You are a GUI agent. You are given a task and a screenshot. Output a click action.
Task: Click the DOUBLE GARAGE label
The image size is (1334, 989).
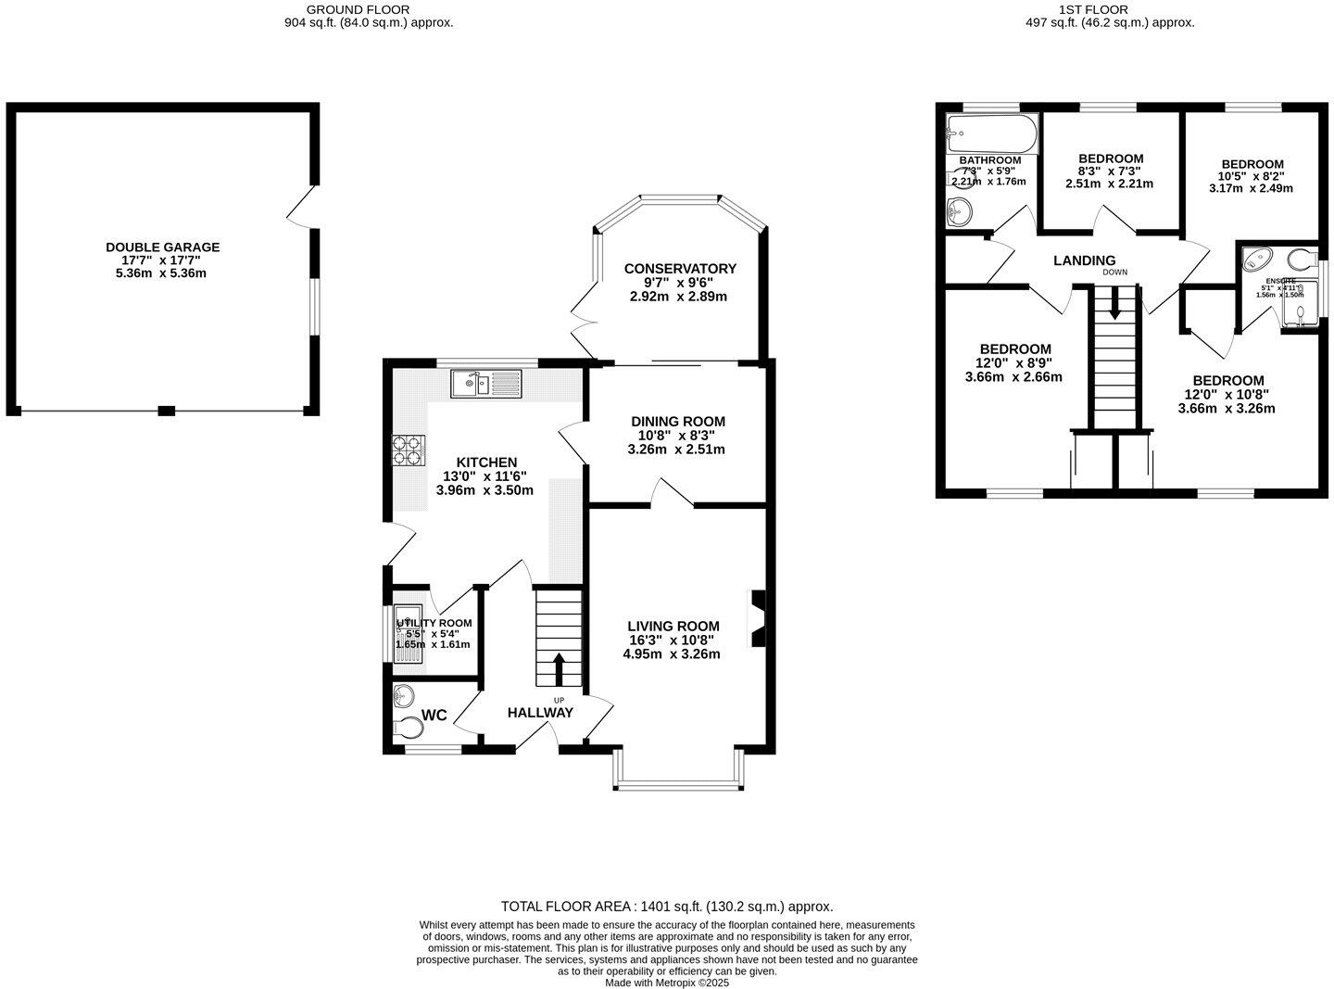click(162, 247)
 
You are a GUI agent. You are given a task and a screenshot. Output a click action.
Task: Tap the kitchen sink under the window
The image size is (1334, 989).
click(486, 383)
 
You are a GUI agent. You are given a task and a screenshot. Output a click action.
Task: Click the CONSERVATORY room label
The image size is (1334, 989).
click(679, 269)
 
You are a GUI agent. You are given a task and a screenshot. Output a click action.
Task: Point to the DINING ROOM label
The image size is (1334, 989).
click(678, 422)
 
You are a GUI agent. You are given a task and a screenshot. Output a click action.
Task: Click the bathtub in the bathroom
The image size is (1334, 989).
click(991, 133)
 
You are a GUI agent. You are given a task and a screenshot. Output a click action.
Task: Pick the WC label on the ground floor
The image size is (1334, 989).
click(434, 716)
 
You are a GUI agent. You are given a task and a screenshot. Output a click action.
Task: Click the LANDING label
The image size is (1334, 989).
click(1084, 260)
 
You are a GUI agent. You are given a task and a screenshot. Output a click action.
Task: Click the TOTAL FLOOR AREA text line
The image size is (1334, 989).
click(666, 907)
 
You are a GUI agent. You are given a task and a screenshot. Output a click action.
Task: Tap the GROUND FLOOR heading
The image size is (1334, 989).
click(368, 9)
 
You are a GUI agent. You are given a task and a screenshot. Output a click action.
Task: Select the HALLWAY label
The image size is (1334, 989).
click(540, 713)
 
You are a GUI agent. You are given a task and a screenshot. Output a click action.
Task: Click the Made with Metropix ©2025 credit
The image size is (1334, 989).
click(666, 983)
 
